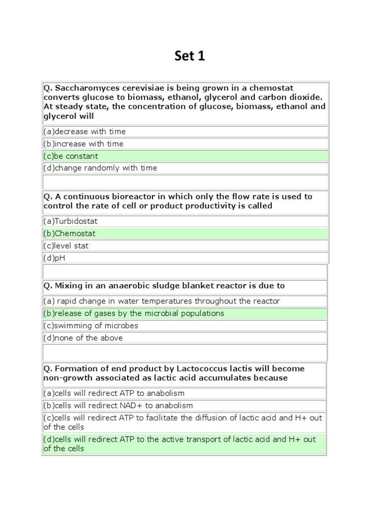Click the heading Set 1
pos(190,56)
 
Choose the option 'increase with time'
pos(84,144)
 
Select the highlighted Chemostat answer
pos(70,234)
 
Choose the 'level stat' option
pos(66,246)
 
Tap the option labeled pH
pos(54,258)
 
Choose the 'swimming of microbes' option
pos(91,326)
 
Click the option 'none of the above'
pos(83,338)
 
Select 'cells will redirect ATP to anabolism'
pos(114,393)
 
